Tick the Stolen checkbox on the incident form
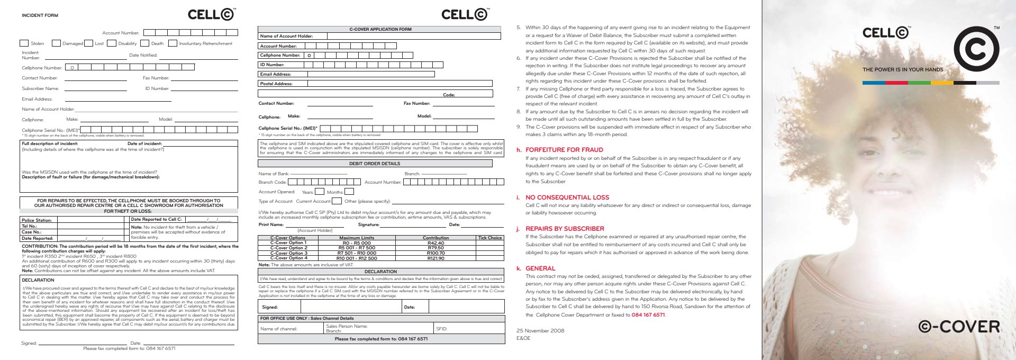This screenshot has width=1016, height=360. (24, 43)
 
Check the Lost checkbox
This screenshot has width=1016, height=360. (89, 43)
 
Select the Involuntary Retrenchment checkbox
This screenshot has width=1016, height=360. (173, 43)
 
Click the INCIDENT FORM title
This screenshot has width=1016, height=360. (40, 15)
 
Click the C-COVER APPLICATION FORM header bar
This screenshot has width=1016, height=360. (379, 29)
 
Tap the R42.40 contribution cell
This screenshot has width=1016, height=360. (436, 243)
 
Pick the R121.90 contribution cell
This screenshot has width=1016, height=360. (436, 258)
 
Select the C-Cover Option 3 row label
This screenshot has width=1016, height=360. (288, 253)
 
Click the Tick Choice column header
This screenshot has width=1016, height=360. (489, 238)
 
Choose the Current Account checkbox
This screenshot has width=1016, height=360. (337, 201)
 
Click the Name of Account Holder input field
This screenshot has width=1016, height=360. (413, 36)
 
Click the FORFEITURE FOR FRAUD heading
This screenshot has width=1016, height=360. (564, 150)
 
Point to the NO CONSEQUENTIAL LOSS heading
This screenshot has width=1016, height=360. (567, 197)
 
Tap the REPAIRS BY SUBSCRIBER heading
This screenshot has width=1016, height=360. (565, 229)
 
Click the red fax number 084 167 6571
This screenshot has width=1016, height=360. (648, 315)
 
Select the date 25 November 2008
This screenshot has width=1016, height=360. (540, 330)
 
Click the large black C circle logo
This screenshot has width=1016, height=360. (976, 49)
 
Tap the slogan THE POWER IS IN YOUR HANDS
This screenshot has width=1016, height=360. (903, 69)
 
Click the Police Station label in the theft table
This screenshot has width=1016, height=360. (37, 220)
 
